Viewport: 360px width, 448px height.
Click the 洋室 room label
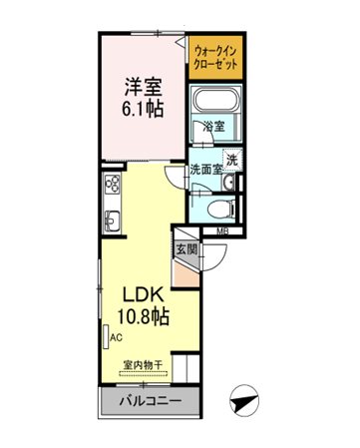coord(143,87)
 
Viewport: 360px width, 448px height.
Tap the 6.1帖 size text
coord(143,109)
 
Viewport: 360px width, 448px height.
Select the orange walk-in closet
coord(215,57)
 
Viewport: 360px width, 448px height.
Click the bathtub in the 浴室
coord(216,99)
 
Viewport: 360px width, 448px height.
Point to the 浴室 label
coord(214,127)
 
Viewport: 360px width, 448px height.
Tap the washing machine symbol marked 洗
coord(232,160)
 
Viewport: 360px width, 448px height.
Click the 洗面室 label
coord(205,170)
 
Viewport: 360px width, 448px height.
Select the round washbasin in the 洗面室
coord(228,183)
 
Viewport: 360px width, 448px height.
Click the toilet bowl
coord(221,210)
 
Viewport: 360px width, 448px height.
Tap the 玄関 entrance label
coord(186,249)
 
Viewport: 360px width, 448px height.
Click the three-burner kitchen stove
coord(113,184)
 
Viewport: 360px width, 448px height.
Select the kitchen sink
coord(112,222)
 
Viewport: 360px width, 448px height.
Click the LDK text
coord(144,294)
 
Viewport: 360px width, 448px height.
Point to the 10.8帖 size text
coord(144,316)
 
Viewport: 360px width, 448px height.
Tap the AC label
coord(117,338)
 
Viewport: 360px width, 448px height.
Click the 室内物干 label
coord(143,365)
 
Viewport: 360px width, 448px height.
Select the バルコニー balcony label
coord(151,400)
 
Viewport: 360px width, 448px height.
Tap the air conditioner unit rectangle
coord(106,337)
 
